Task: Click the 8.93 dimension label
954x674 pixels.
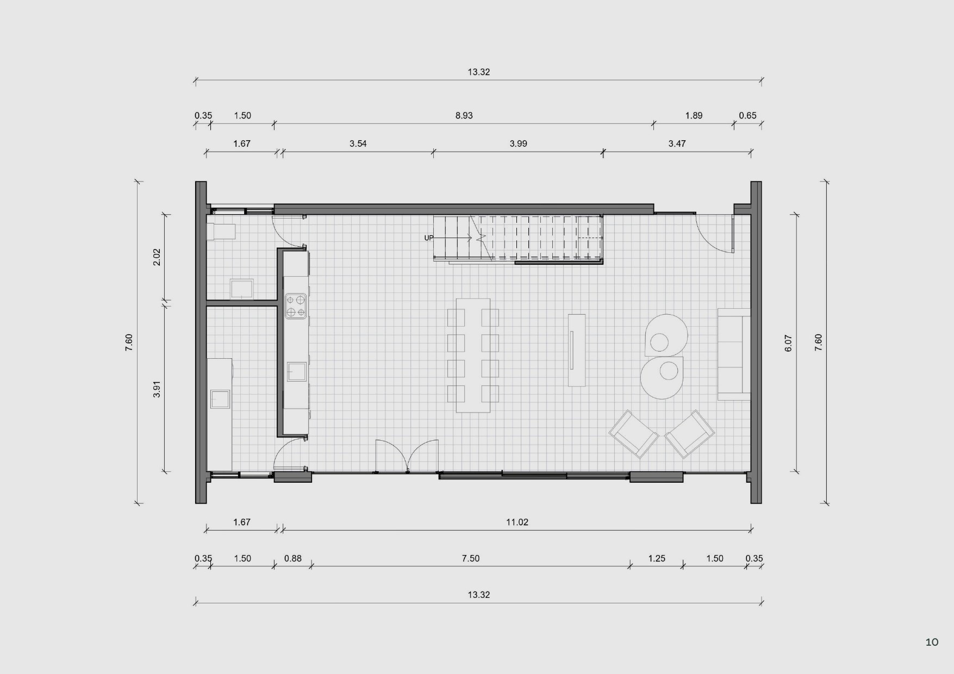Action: click(464, 115)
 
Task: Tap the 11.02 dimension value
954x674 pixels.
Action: click(517, 522)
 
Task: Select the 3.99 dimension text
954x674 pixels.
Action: click(518, 143)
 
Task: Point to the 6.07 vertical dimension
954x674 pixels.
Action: click(788, 343)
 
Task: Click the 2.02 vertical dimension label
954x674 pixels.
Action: click(157, 257)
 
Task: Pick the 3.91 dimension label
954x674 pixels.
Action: click(157, 389)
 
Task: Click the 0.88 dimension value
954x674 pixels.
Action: click(292, 558)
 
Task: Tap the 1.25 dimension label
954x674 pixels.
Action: click(657, 558)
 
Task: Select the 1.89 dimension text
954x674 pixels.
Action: click(694, 115)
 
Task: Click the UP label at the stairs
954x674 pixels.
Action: click(429, 238)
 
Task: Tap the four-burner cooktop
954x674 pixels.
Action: click(296, 305)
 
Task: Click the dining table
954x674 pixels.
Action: click(473, 355)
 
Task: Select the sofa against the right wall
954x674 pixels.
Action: click(734, 354)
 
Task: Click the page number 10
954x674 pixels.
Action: click(932, 642)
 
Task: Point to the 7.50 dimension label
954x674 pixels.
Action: click(471, 558)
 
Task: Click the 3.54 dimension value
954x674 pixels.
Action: click(358, 143)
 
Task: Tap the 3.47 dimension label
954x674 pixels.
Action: click(677, 143)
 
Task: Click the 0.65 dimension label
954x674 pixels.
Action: click(747, 115)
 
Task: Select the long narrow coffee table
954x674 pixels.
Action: click(577, 350)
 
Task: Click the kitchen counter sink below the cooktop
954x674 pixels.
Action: click(296, 372)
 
